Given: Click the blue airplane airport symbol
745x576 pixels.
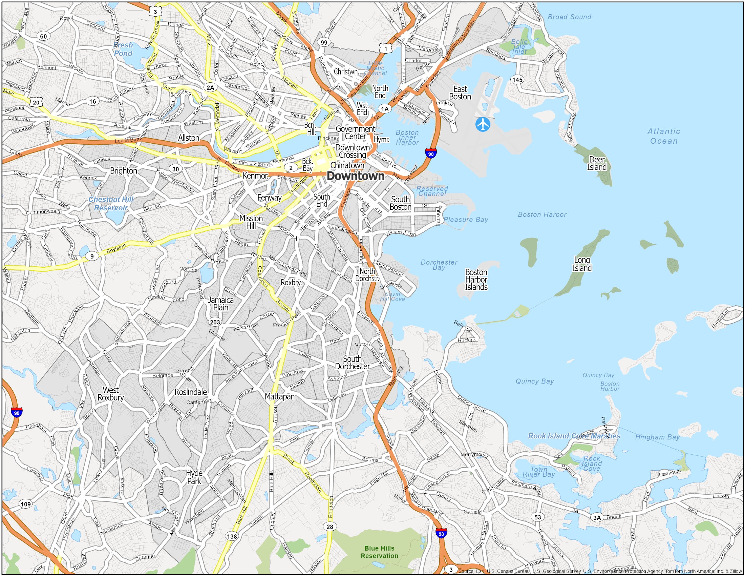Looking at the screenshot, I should (x=482, y=124).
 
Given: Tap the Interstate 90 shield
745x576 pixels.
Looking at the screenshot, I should (x=430, y=153).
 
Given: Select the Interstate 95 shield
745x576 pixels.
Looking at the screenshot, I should (x=16, y=412).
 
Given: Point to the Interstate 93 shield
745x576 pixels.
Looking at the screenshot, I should (x=441, y=534).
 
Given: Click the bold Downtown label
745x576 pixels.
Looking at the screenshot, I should (x=356, y=176).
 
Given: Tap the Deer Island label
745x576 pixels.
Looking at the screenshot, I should (x=597, y=163).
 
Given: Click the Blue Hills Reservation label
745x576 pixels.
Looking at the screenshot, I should (x=379, y=552).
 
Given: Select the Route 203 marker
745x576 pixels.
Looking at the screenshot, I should (x=215, y=322).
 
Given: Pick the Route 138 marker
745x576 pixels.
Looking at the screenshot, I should (x=232, y=536).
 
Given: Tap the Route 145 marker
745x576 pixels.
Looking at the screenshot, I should (x=517, y=80).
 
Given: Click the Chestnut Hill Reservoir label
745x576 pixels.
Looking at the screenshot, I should (x=111, y=203).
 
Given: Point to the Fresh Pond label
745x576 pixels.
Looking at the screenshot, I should (x=123, y=49).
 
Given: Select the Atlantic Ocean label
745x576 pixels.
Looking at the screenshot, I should (x=663, y=136).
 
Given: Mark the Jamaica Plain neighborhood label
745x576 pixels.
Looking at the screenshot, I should (x=221, y=303).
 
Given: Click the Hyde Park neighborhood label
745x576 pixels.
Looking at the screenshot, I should (x=194, y=477).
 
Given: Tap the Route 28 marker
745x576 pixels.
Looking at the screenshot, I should (x=329, y=527).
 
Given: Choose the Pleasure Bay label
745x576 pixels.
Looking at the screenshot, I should (x=466, y=220).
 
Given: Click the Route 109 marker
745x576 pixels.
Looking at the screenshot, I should (x=26, y=505).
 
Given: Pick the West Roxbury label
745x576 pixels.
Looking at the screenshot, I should (x=110, y=394).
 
